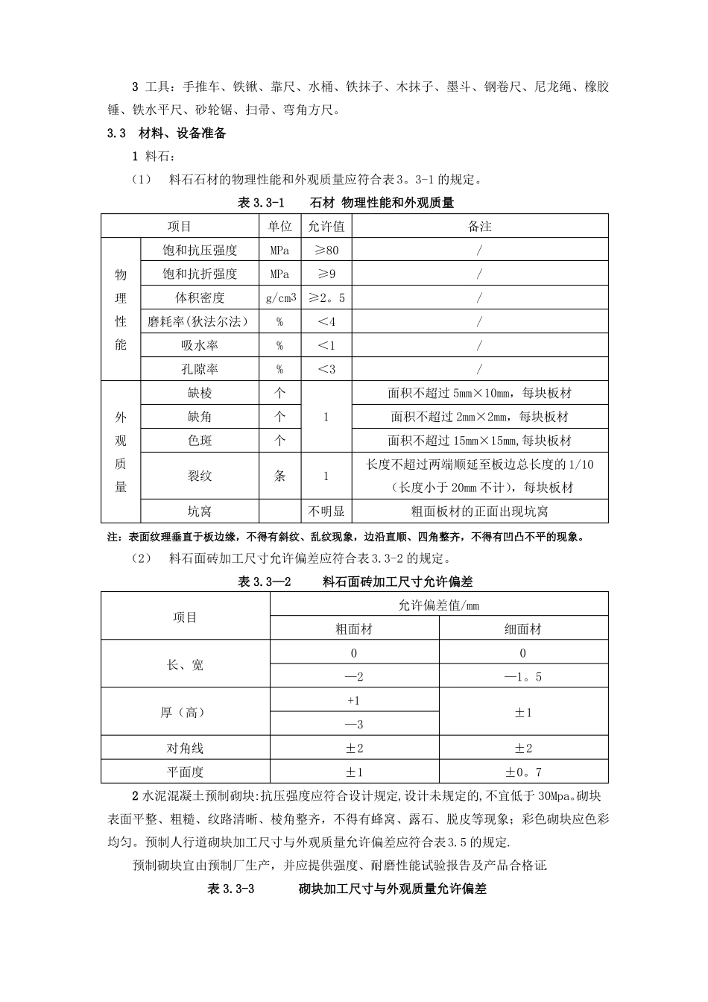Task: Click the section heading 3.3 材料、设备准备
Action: [167, 133]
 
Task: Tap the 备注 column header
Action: [479, 226]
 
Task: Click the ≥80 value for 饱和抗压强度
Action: [326, 250]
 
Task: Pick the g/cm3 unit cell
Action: [280, 297]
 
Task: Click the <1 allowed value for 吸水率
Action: [326, 345]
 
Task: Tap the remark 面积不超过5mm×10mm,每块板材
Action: [479, 393]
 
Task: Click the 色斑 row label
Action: [199, 441]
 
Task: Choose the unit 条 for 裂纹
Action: [280, 476]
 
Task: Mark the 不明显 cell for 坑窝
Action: [326, 511]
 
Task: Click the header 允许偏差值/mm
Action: [438, 605]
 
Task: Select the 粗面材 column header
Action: [354, 628]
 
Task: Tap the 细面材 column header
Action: [522, 628]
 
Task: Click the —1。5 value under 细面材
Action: [522, 676]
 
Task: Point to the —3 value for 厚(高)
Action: [354, 724]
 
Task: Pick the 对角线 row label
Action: [185, 748]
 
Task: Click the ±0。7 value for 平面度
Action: [522, 772]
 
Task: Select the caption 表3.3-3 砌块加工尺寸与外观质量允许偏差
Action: [347, 889]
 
